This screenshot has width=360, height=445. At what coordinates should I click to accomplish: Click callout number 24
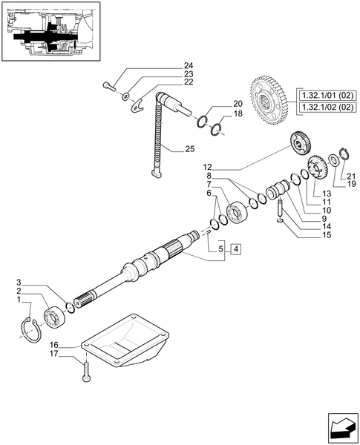(188, 67)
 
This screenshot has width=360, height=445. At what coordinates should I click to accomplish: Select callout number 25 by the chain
(189, 150)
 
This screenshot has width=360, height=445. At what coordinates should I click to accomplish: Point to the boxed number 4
(235, 249)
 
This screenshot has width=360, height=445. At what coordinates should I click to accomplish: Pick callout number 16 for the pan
(54, 345)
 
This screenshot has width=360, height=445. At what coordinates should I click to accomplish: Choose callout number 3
(22, 283)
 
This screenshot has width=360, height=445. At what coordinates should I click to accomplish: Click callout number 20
(238, 104)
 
